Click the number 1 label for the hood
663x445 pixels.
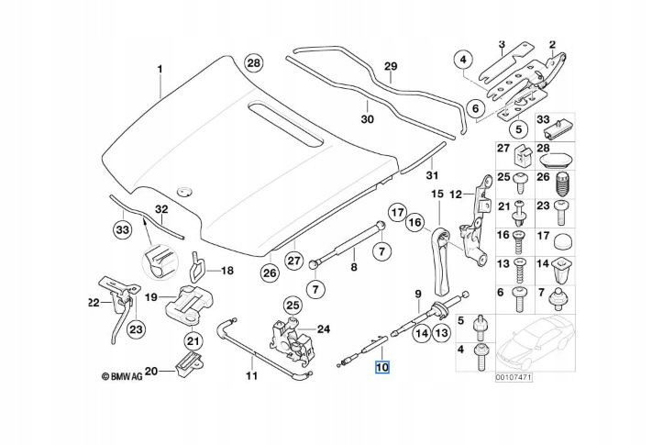point(158,70)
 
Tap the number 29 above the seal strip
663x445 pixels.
point(390,67)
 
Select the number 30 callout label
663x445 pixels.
point(367,119)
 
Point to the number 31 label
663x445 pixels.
point(431,174)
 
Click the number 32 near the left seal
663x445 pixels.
point(160,210)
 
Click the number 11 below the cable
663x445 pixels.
point(250,376)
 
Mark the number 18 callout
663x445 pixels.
point(227,271)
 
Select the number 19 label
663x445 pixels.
point(151,296)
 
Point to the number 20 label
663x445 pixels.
point(151,371)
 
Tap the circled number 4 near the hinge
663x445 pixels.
point(464,61)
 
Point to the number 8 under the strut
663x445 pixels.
point(353,269)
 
